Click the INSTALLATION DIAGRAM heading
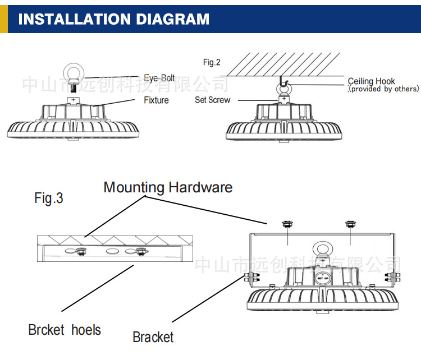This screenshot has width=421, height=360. click(x=113, y=19)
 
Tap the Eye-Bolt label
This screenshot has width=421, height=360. click(x=159, y=79)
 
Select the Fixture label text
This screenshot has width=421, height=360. click(x=156, y=100)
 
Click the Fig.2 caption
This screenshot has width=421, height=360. click(x=212, y=63)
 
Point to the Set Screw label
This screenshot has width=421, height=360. click(x=212, y=100)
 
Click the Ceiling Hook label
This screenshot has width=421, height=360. click(x=371, y=81)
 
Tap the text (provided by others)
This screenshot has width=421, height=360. click(x=383, y=89)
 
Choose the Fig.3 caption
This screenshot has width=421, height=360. click(x=48, y=198)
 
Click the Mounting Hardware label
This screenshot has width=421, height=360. click(x=168, y=187)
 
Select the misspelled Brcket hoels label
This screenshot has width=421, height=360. click(x=65, y=329)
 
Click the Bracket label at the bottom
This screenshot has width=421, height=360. click(x=153, y=337)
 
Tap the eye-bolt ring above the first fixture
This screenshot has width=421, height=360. click(x=73, y=73)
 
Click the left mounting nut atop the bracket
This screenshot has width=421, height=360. click(x=287, y=223)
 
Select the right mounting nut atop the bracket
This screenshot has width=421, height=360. click(x=351, y=223)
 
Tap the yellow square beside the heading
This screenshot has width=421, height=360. click(x=3, y=19)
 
